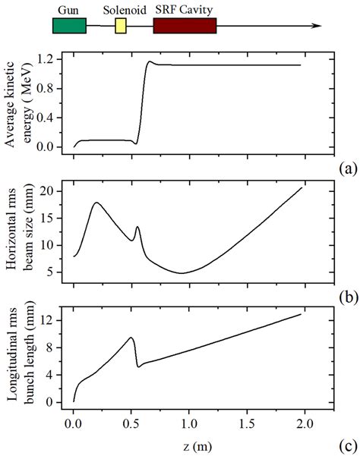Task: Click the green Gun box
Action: [68, 26]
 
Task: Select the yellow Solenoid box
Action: [121, 27]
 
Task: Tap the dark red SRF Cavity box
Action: [185, 26]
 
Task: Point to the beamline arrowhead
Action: [313, 27]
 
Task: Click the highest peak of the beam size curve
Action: [96, 203]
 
